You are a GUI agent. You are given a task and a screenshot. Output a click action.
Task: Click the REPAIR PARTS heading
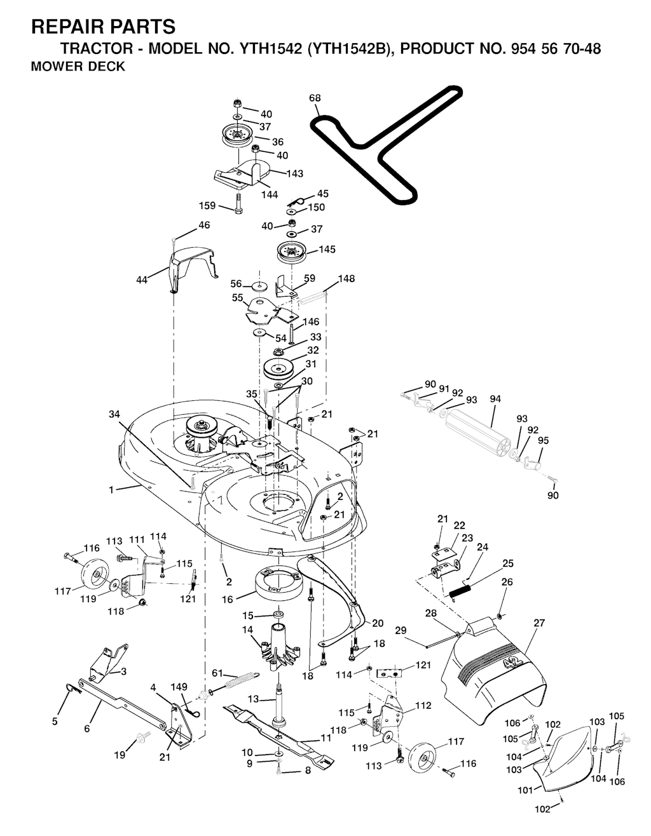103,27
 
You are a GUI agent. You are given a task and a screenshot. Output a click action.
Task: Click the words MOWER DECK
78,66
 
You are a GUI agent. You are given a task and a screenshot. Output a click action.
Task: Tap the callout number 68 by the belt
314,98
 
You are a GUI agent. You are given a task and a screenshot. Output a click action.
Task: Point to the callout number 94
496,399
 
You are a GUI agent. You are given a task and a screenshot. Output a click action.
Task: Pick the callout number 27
539,623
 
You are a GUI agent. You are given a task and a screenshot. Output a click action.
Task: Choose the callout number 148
346,279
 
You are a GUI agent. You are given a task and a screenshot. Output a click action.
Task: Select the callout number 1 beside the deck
111,490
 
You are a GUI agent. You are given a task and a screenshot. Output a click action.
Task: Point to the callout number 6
87,729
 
